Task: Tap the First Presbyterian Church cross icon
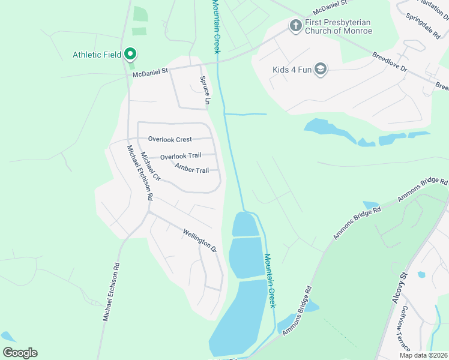point(295,26)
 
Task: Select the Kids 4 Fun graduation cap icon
point(321,70)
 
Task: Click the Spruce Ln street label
point(204,91)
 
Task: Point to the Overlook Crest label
point(170,140)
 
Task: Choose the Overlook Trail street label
point(181,156)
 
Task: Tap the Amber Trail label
point(191,170)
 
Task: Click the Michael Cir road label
point(151,166)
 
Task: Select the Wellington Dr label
point(199,238)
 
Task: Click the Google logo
point(20,353)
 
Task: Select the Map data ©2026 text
point(423,355)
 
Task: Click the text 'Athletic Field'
point(97,55)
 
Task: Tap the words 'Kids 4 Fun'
point(292,70)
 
